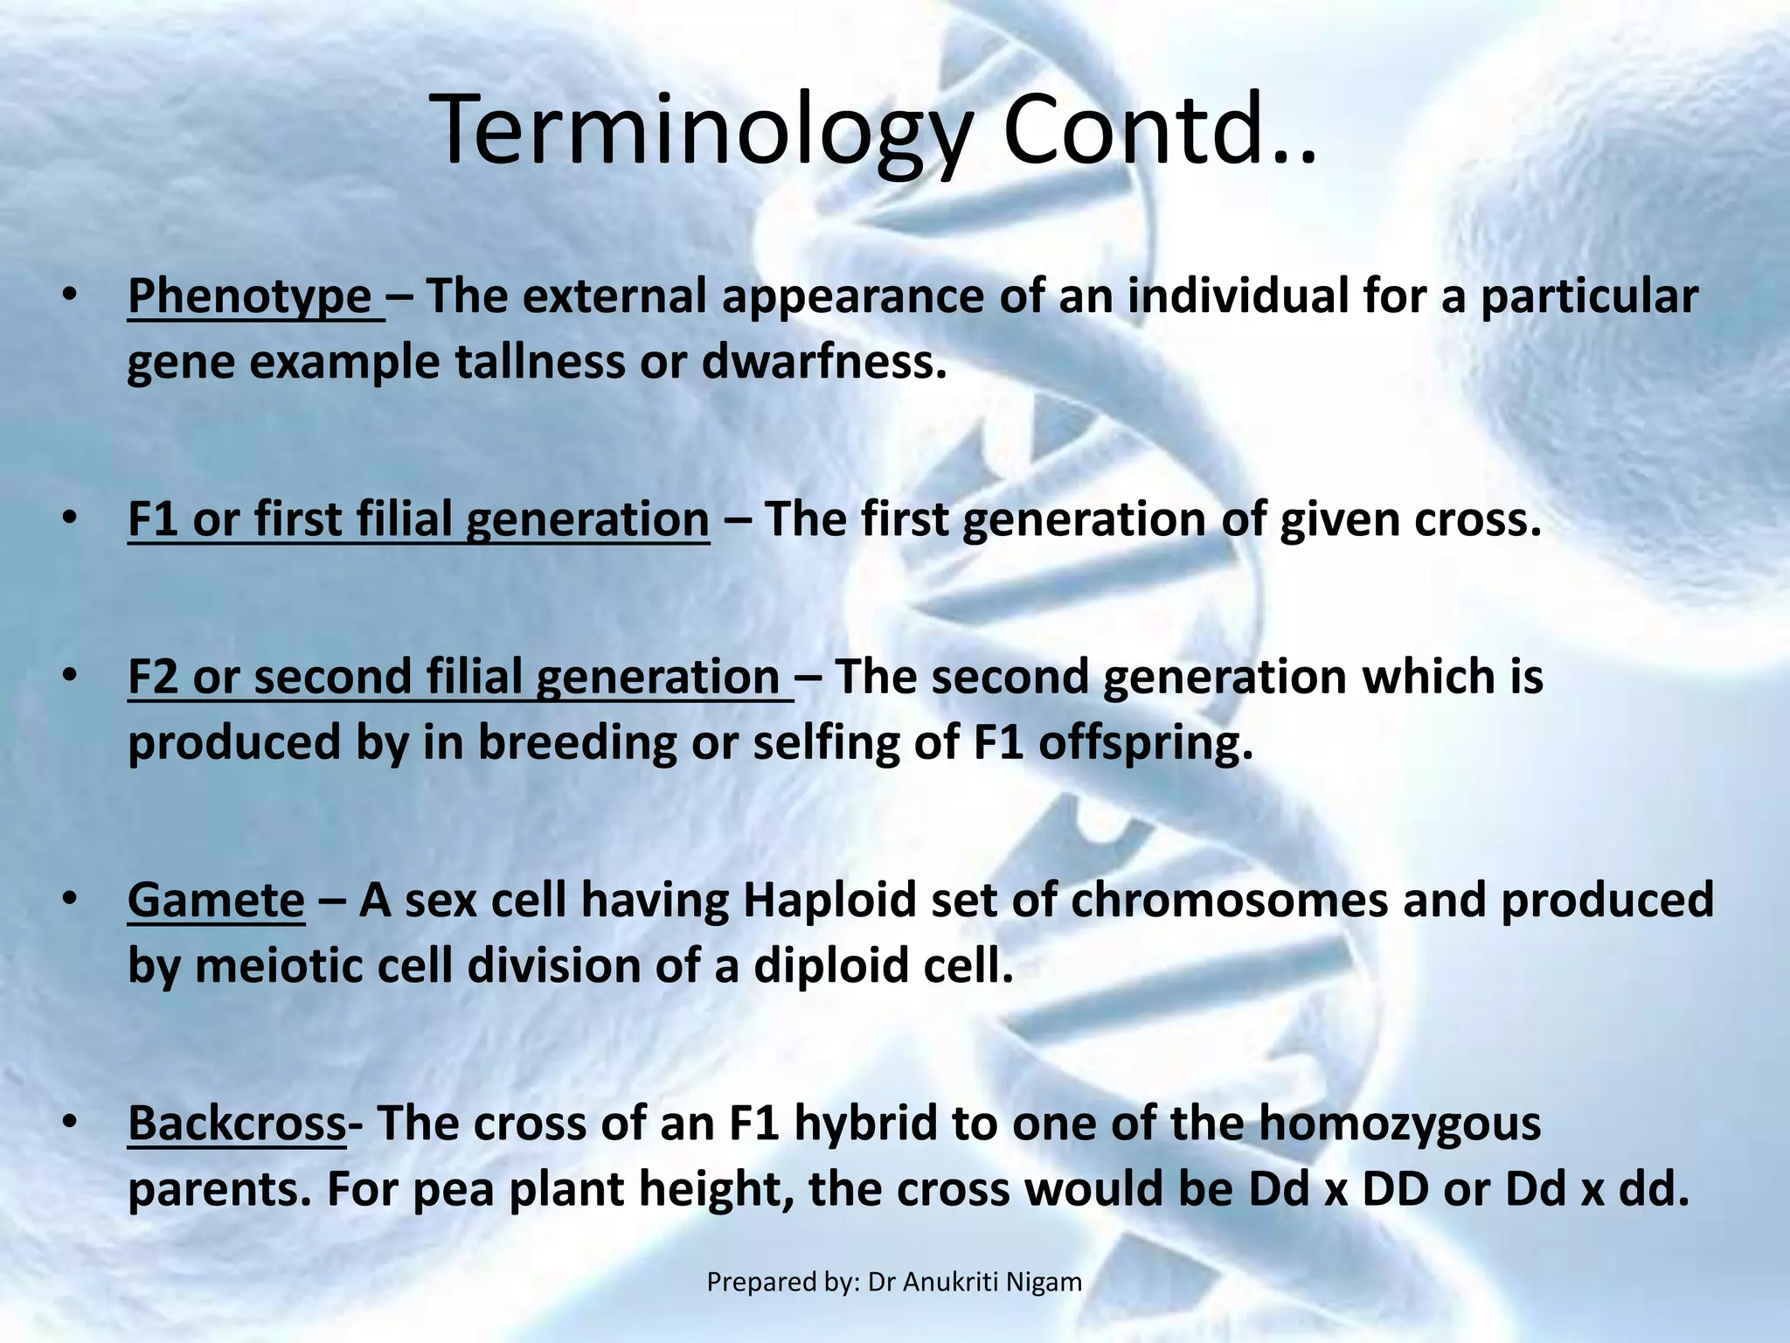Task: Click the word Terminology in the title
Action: click(x=699, y=131)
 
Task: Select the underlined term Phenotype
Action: click(x=250, y=296)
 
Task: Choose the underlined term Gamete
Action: click(x=216, y=900)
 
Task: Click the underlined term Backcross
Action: click(x=237, y=1123)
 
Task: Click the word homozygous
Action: click(x=1399, y=1123)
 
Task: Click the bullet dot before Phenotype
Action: click(x=70, y=296)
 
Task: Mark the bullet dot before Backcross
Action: click(x=70, y=1122)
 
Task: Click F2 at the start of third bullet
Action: click(x=153, y=677)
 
